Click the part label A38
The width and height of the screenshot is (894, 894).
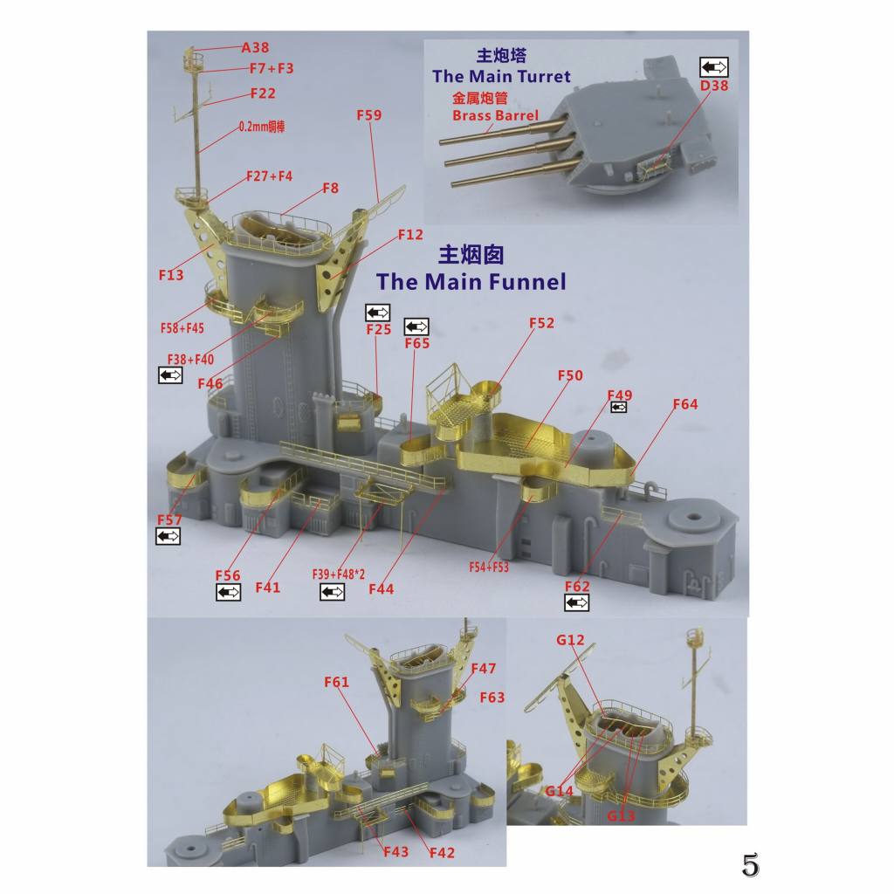click(x=255, y=47)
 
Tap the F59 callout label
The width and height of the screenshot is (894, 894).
click(x=369, y=115)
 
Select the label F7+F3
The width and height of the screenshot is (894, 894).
click(x=272, y=68)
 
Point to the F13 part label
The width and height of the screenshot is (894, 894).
click(x=171, y=275)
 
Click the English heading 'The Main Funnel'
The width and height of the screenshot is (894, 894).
click(x=471, y=282)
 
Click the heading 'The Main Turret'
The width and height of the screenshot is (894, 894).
click(x=501, y=77)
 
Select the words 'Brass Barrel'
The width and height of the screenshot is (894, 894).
click(x=495, y=115)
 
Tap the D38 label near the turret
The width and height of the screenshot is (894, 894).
click(x=714, y=86)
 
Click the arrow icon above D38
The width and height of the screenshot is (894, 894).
click(x=714, y=66)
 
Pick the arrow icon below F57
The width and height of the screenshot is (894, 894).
click(x=168, y=537)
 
